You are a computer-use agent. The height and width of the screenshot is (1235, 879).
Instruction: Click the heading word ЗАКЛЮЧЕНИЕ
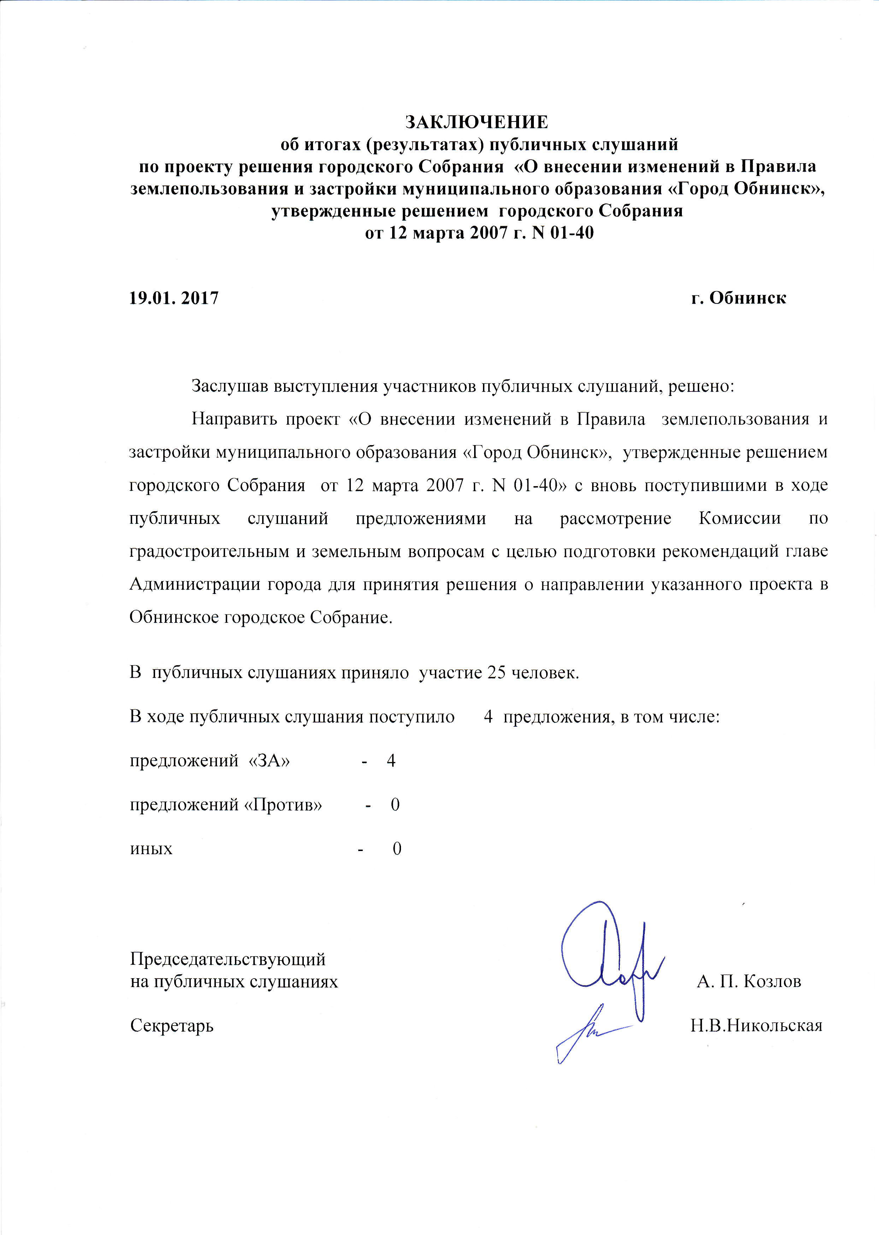477,122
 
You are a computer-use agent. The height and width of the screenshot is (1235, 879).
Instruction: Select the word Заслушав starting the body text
230,386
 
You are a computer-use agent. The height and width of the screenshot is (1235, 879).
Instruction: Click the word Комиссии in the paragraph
740,519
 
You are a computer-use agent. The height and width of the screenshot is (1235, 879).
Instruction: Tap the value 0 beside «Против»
395,805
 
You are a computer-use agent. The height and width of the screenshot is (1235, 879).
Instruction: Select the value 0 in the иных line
397,849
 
